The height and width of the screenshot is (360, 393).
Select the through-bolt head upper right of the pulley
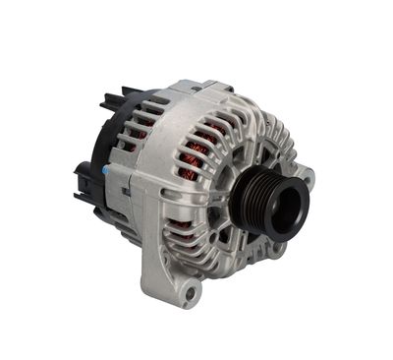[263, 148]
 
